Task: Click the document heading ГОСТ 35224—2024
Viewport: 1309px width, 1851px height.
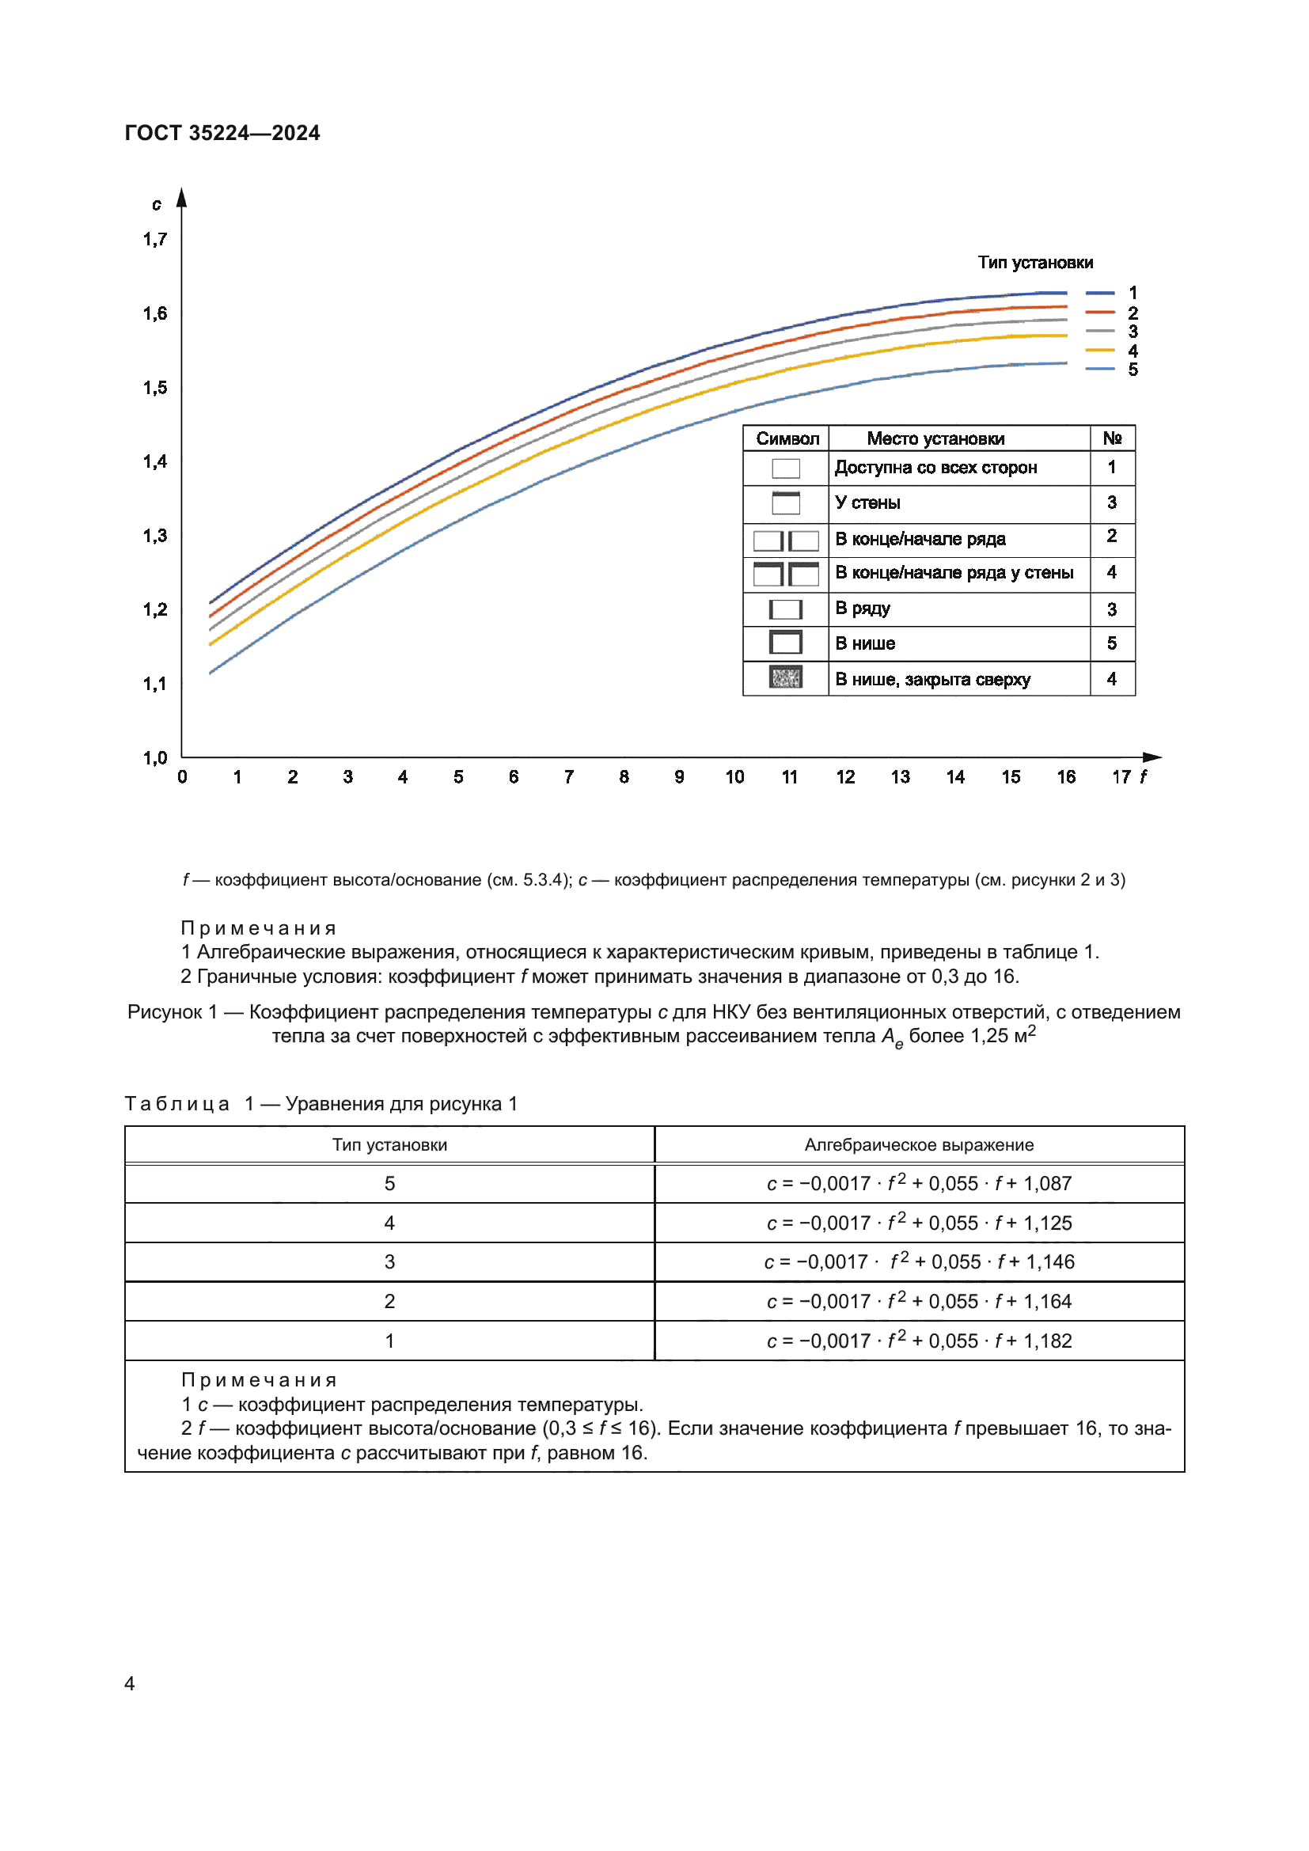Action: point(222,133)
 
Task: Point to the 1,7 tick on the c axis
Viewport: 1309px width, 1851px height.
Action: point(155,240)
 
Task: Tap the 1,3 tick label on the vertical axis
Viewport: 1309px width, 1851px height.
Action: point(155,536)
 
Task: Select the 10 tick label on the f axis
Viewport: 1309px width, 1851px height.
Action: point(734,777)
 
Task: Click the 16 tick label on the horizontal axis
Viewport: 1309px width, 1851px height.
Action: point(1065,777)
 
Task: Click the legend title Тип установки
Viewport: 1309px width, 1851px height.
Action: point(1035,263)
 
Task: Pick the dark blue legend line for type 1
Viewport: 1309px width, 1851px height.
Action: point(1099,293)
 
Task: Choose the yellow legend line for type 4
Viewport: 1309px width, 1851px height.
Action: point(1099,351)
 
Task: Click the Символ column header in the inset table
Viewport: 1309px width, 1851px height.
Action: point(787,438)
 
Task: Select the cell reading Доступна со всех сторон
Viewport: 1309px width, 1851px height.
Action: point(935,468)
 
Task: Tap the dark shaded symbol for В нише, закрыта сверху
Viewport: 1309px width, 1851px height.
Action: point(786,677)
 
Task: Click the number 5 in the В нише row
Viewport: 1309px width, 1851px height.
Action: point(1111,643)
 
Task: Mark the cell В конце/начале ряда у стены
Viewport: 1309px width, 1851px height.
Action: point(954,573)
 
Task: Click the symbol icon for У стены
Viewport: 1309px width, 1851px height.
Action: point(786,503)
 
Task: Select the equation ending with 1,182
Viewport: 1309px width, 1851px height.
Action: point(919,1341)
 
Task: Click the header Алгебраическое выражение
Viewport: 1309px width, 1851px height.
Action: point(919,1145)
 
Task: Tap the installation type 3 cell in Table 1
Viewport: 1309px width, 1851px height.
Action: point(389,1261)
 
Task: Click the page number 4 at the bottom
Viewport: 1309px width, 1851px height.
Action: point(130,1683)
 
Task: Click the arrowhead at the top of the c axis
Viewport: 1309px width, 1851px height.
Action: point(182,197)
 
